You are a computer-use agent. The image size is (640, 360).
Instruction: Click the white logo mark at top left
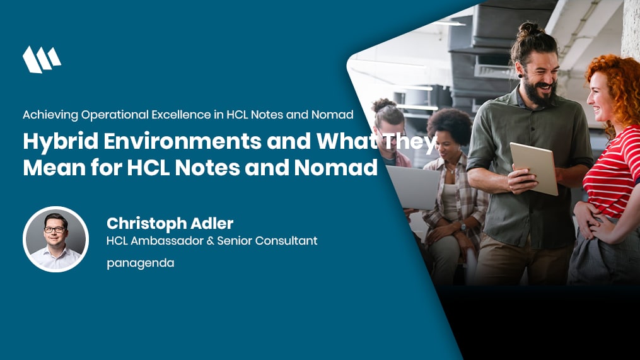coord(42,60)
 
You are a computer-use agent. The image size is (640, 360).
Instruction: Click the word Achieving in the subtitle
coord(50,115)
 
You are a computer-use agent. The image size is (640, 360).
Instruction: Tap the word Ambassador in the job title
coord(167,241)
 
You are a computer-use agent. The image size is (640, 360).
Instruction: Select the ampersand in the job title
coord(210,241)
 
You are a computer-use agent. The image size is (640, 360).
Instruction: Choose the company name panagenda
coord(141,264)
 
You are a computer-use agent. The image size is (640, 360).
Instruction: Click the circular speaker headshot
coord(55,239)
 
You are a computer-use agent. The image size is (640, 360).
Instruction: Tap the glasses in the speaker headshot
coord(55,229)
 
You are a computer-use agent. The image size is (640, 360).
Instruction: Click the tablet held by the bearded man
coord(534,168)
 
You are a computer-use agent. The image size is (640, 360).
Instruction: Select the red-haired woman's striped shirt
coord(612,171)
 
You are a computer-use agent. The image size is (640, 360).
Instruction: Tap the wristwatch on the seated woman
coord(463,227)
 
